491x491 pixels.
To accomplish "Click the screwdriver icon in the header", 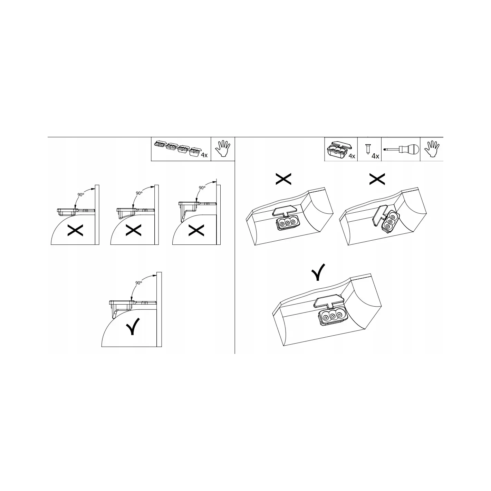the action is click(401, 149).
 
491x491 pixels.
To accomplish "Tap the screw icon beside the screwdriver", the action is click(368, 149).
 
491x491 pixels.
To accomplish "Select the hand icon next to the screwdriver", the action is click(432, 149).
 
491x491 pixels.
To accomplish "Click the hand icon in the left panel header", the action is click(222, 148).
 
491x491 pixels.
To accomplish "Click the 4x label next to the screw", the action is click(375, 156).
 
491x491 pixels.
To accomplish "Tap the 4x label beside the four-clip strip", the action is click(204, 155).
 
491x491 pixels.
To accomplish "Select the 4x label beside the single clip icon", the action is click(352, 156).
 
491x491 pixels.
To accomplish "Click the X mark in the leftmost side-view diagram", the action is click(75, 230).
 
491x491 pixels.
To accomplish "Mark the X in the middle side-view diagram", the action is click(134, 230).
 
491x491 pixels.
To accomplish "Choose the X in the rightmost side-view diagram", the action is click(196, 230).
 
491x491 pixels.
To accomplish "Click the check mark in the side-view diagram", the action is click(133, 327).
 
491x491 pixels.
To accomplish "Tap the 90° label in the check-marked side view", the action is click(138, 283).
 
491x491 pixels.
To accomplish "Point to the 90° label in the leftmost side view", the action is click(81, 195).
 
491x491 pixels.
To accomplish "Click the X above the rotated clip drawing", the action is click(377, 179).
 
